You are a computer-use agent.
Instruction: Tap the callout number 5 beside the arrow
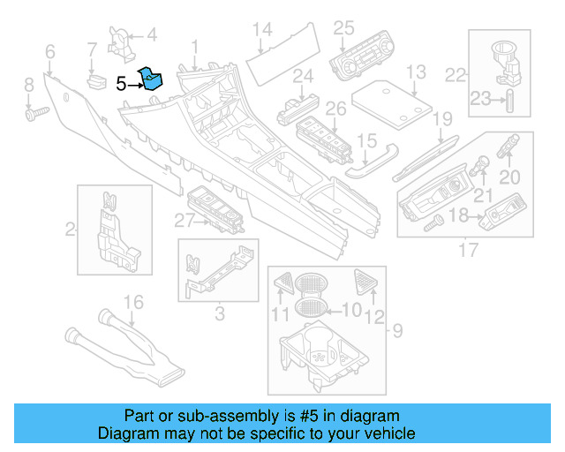(x=121, y=84)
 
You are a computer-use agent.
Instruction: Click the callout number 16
(x=132, y=304)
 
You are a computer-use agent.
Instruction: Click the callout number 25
(x=343, y=27)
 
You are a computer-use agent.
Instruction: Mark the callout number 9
(x=396, y=331)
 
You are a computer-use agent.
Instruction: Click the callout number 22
(x=455, y=75)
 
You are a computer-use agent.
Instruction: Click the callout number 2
(x=69, y=230)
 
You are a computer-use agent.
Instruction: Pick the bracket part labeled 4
(x=117, y=36)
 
